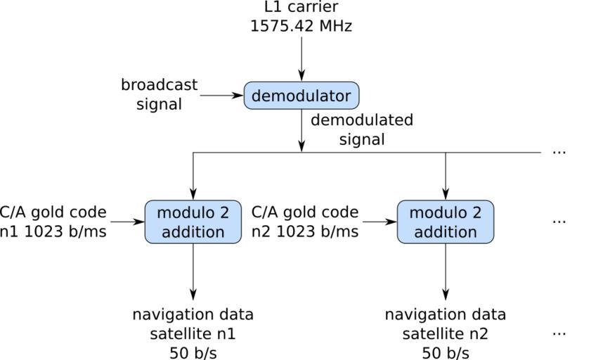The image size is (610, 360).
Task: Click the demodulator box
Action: pos(301,96)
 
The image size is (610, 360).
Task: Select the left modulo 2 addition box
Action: pos(193,222)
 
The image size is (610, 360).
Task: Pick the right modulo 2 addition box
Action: pos(445,222)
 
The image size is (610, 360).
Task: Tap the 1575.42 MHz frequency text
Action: pos(301,26)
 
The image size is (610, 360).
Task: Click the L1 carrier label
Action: pos(301,8)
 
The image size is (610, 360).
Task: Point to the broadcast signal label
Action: pos(160,94)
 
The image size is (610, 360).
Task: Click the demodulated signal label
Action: pos(362,129)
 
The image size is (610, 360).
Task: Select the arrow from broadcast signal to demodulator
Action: pos(221,96)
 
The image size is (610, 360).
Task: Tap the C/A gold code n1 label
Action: pos(53,221)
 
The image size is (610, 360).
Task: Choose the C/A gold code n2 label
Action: pos(305,221)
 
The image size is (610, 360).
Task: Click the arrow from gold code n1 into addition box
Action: pos(127,222)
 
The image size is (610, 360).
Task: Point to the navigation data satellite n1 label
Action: pos(193,333)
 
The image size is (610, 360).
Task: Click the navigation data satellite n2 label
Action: pos(445,333)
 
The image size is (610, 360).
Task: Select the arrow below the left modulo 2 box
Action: pos(193,271)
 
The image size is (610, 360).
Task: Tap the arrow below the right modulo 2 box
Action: pos(445,271)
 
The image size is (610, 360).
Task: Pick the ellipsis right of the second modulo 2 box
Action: pos(559,221)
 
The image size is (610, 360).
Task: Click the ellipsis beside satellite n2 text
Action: pos(559,333)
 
